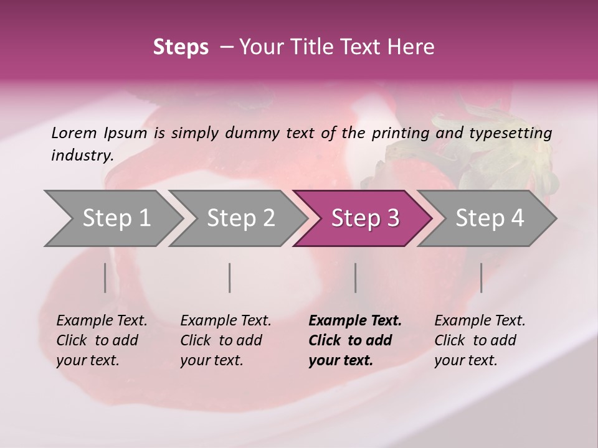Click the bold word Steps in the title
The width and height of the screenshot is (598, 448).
point(181,47)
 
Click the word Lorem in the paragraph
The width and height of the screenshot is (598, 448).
point(74,133)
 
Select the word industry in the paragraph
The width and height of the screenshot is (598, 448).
point(81,155)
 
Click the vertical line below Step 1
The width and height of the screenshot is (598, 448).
point(105,278)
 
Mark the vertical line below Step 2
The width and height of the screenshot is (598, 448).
point(230,278)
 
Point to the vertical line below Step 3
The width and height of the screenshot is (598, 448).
point(355,278)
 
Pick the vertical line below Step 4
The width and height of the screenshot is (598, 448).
point(481,278)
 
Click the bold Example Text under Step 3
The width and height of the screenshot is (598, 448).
point(355,321)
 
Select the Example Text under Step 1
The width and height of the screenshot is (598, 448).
point(102,321)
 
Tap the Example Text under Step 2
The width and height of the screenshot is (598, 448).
point(225,321)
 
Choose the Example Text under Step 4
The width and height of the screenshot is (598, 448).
point(480,321)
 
